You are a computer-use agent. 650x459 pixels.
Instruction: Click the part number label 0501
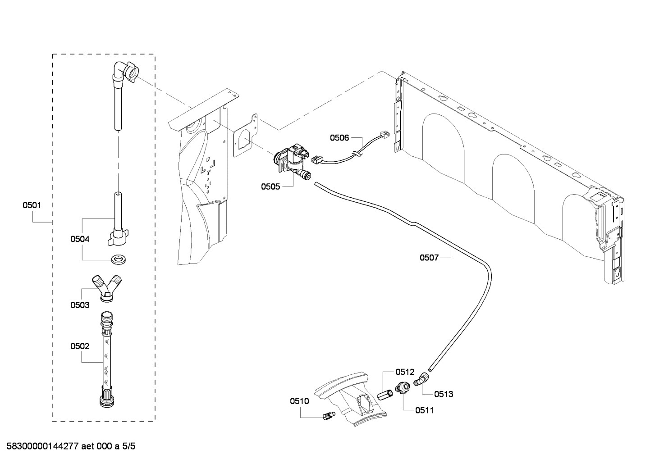coord(32,205)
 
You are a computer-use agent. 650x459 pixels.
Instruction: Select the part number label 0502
coord(79,346)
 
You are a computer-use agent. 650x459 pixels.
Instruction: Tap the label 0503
coord(79,305)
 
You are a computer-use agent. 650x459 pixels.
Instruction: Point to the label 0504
coord(79,239)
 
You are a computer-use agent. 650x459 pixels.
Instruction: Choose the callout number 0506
coord(339,138)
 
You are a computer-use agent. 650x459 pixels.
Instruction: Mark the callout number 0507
coord(429,258)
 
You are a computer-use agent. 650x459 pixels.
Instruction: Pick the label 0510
coord(299,401)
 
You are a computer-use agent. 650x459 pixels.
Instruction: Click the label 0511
coord(424,410)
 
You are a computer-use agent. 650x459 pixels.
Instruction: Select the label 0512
coord(404,372)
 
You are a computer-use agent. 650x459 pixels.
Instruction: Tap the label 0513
coord(444,394)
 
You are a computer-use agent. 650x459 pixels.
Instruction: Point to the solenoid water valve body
coord(291,160)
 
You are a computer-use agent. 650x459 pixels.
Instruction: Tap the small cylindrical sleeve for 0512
coord(385,395)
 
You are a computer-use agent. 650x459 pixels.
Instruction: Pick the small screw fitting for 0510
coord(328,415)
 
